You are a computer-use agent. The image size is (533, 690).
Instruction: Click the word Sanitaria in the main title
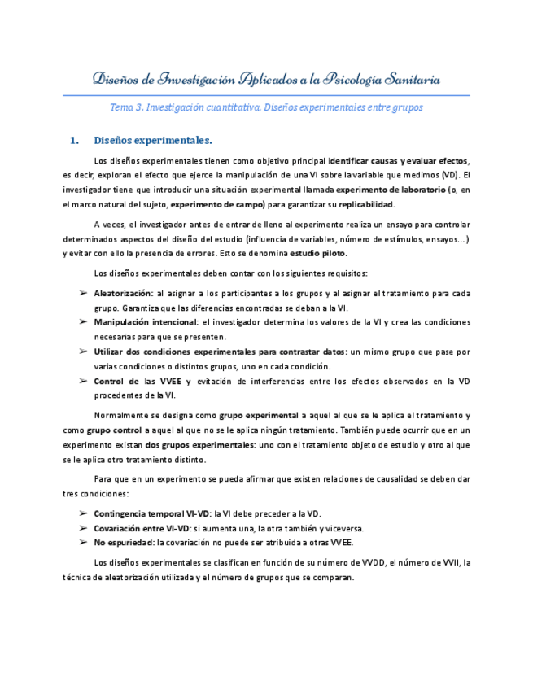click(406, 80)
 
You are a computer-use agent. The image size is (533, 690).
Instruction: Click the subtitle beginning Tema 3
click(266, 107)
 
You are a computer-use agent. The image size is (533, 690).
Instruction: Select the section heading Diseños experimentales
click(153, 140)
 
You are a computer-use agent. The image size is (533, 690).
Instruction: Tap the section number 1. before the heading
click(74, 140)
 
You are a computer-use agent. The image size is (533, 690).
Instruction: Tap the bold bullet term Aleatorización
click(123, 293)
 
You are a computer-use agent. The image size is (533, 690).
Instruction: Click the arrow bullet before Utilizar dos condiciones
click(84, 352)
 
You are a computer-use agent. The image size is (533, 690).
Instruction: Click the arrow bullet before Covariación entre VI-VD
click(84, 528)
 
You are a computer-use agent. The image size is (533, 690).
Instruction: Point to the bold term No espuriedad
click(124, 543)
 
